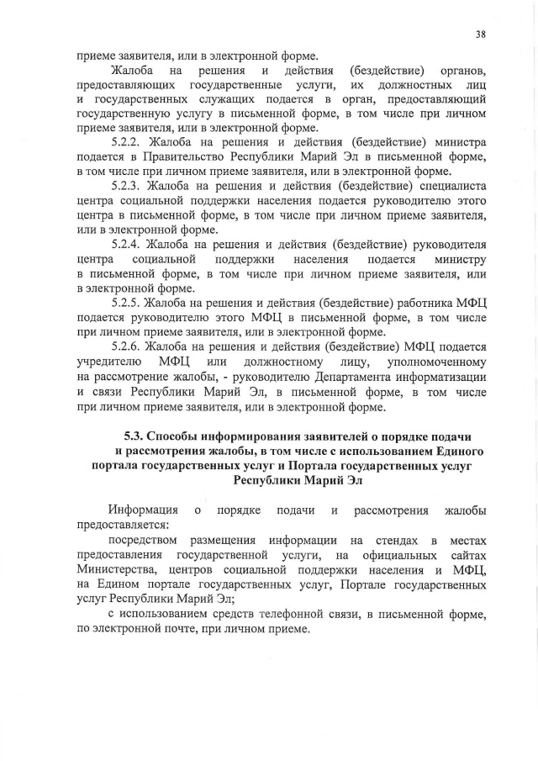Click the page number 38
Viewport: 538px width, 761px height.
tap(481, 34)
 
